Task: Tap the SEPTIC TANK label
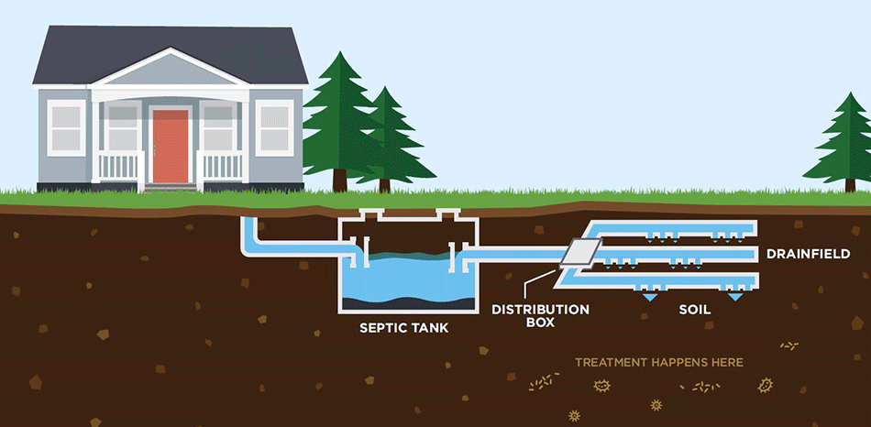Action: (404, 327)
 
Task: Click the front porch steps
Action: (171, 188)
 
